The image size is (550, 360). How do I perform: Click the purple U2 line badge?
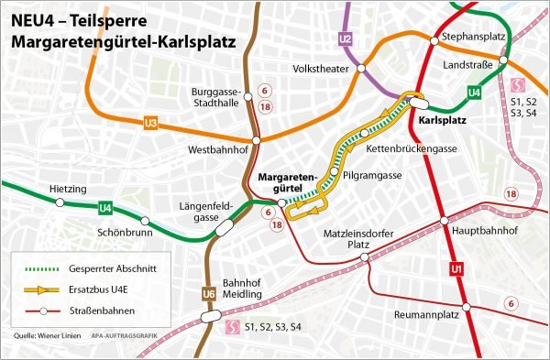346,38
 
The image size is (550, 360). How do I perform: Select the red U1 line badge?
455,269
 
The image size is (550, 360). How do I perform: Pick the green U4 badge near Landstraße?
474,92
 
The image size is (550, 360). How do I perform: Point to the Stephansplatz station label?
474,36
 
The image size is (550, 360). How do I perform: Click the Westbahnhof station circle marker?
257,141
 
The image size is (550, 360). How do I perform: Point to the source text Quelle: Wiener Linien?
44,337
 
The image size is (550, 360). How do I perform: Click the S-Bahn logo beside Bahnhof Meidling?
233,327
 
